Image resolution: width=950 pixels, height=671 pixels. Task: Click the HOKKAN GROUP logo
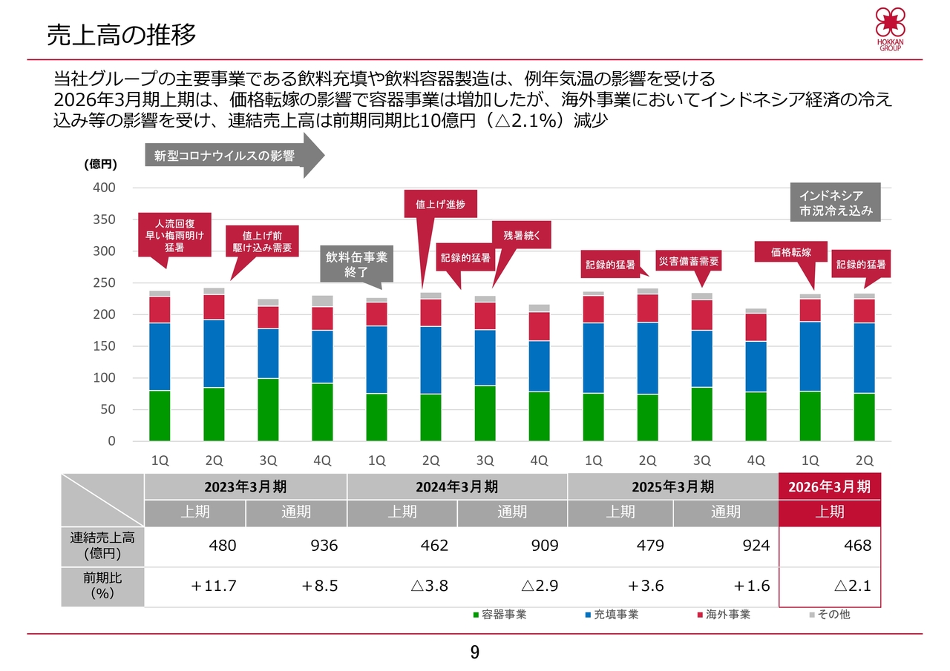(x=890, y=30)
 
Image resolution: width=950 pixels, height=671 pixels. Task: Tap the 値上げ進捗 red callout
(x=440, y=204)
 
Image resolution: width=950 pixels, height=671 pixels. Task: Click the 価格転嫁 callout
(x=790, y=252)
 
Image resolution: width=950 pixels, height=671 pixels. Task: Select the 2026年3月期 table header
(x=829, y=486)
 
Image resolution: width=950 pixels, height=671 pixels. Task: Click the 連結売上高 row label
(x=102, y=546)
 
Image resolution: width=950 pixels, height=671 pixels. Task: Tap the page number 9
(x=475, y=653)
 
